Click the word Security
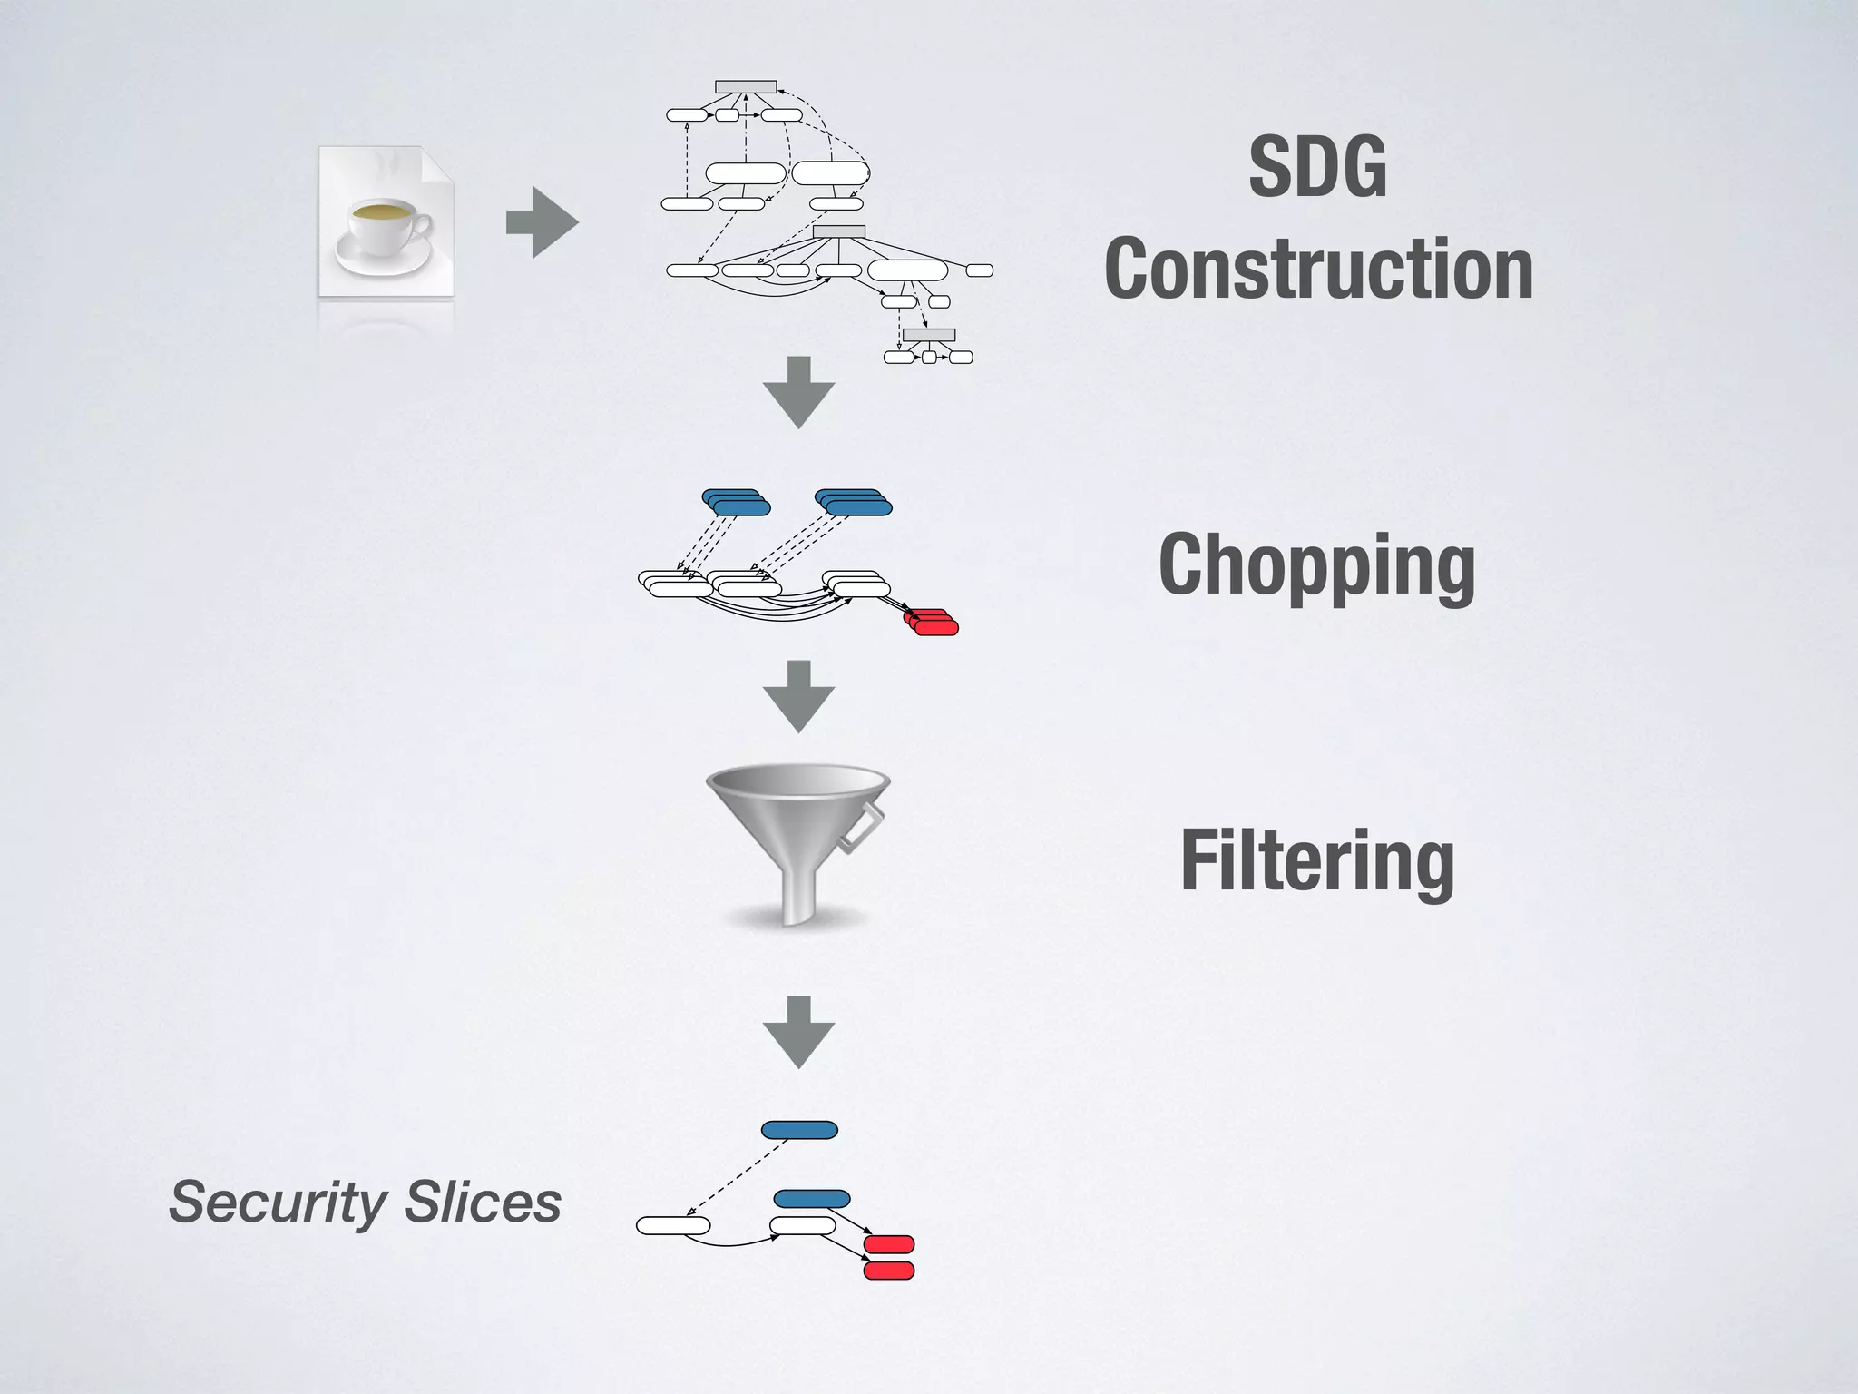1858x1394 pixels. click(278, 1203)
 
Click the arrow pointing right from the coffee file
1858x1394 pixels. click(542, 222)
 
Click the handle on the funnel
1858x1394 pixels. click(858, 828)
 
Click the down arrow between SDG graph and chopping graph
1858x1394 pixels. click(798, 392)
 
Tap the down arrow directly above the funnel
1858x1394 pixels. click(798, 696)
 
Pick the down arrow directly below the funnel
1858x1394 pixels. click(798, 1032)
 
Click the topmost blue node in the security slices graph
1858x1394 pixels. click(799, 1130)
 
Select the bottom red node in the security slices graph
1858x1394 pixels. click(888, 1271)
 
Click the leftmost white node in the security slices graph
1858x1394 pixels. click(673, 1226)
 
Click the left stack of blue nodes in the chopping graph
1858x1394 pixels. click(736, 502)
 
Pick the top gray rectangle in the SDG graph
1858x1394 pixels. click(746, 87)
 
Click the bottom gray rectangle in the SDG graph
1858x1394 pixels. click(929, 335)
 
